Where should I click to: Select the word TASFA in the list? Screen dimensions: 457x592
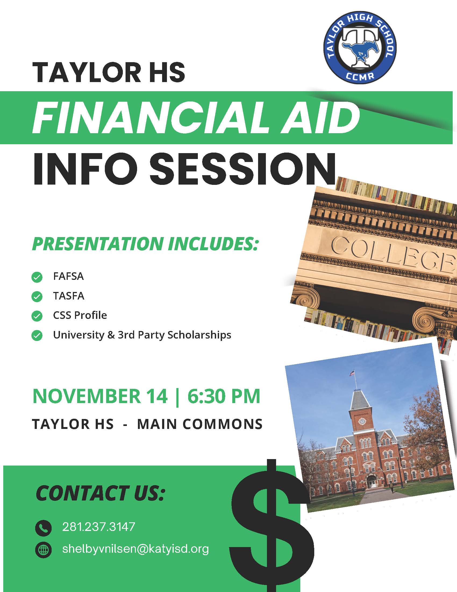69,296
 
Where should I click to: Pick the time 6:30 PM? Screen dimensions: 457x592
224,396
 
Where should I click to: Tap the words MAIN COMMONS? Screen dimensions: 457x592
200,424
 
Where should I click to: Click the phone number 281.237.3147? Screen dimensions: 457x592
99,527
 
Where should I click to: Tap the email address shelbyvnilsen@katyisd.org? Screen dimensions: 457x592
136,549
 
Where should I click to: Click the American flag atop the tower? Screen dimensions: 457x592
352,373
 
